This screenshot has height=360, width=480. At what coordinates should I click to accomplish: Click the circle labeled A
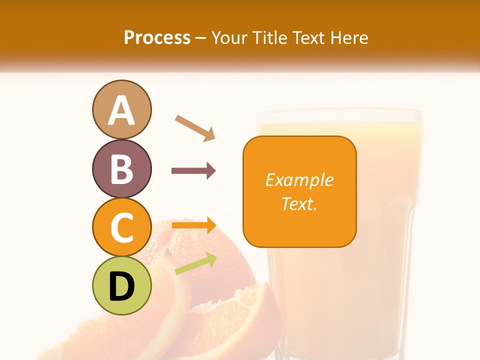[x=121, y=109]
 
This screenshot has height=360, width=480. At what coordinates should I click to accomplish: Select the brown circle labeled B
[x=121, y=168]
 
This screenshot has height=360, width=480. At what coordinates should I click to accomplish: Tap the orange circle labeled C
[x=121, y=227]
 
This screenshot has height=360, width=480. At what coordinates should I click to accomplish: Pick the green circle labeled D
[x=121, y=285]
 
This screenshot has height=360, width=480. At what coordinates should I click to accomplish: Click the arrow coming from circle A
[x=194, y=128]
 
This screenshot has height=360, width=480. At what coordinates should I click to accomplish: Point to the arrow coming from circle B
[x=193, y=171]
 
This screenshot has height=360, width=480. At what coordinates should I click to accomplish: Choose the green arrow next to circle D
[x=195, y=263]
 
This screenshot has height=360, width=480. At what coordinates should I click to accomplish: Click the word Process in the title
[x=157, y=37]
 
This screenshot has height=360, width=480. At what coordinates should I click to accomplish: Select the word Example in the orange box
[x=299, y=180]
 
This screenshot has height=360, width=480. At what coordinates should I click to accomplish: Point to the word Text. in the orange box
[x=299, y=203]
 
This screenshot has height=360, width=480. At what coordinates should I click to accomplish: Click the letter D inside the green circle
[x=121, y=286]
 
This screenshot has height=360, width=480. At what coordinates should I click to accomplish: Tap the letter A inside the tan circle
[x=121, y=110]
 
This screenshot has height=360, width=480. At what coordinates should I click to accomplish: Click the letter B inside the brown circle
[x=121, y=169]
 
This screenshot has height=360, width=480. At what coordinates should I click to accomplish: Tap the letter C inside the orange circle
[x=121, y=227]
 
